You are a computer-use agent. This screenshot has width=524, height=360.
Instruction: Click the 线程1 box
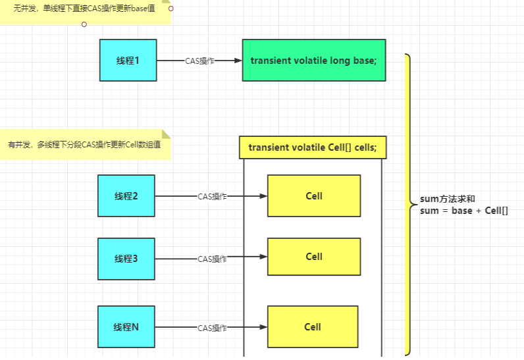pyautogui.click(x=128, y=60)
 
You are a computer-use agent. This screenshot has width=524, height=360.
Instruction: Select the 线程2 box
pyautogui.click(x=126, y=195)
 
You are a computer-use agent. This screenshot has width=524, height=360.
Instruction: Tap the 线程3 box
pyautogui.click(x=126, y=259)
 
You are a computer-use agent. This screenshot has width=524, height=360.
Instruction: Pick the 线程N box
pyautogui.click(x=126, y=327)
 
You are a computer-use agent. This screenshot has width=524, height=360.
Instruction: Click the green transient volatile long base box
pyautogui.click(x=313, y=60)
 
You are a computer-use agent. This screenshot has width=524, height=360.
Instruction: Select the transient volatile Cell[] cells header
pyautogui.click(x=313, y=147)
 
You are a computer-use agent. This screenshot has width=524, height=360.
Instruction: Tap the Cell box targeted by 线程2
pyautogui.click(x=314, y=195)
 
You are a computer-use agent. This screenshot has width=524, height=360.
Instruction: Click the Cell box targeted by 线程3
pyautogui.click(x=314, y=257)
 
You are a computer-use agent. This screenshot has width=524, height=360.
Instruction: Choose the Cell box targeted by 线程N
pyautogui.click(x=313, y=327)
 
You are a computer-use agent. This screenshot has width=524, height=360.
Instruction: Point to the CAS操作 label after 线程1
pyautogui.click(x=199, y=61)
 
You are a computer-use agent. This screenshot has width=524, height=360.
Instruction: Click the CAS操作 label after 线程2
pyautogui.click(x=212, y=196)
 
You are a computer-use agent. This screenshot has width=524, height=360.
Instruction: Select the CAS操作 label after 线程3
pyautogui.click(x=212, y=259)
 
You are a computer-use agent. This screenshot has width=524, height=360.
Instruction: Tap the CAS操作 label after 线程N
pyautogui.click(x=212, y=328)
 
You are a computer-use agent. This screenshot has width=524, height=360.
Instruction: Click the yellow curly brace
pyautogui.click(x=409, y=204)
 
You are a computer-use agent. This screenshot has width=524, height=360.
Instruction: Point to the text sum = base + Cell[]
pyautogui.click(x=463, y=211)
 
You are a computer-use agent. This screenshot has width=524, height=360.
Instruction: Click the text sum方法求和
pyautogui.click(x=447, y=199)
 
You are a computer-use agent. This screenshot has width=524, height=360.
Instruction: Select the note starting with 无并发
pyautogui.click(x=84, y=11)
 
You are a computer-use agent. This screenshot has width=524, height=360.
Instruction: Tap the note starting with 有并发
pyautogui.click(x=84, y=143)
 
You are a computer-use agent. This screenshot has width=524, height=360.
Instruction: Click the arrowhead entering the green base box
pyautogui.click(x=238, y=61)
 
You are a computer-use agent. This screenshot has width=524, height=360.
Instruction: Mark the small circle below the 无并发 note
pyautogui.click(x=84, y=24)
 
